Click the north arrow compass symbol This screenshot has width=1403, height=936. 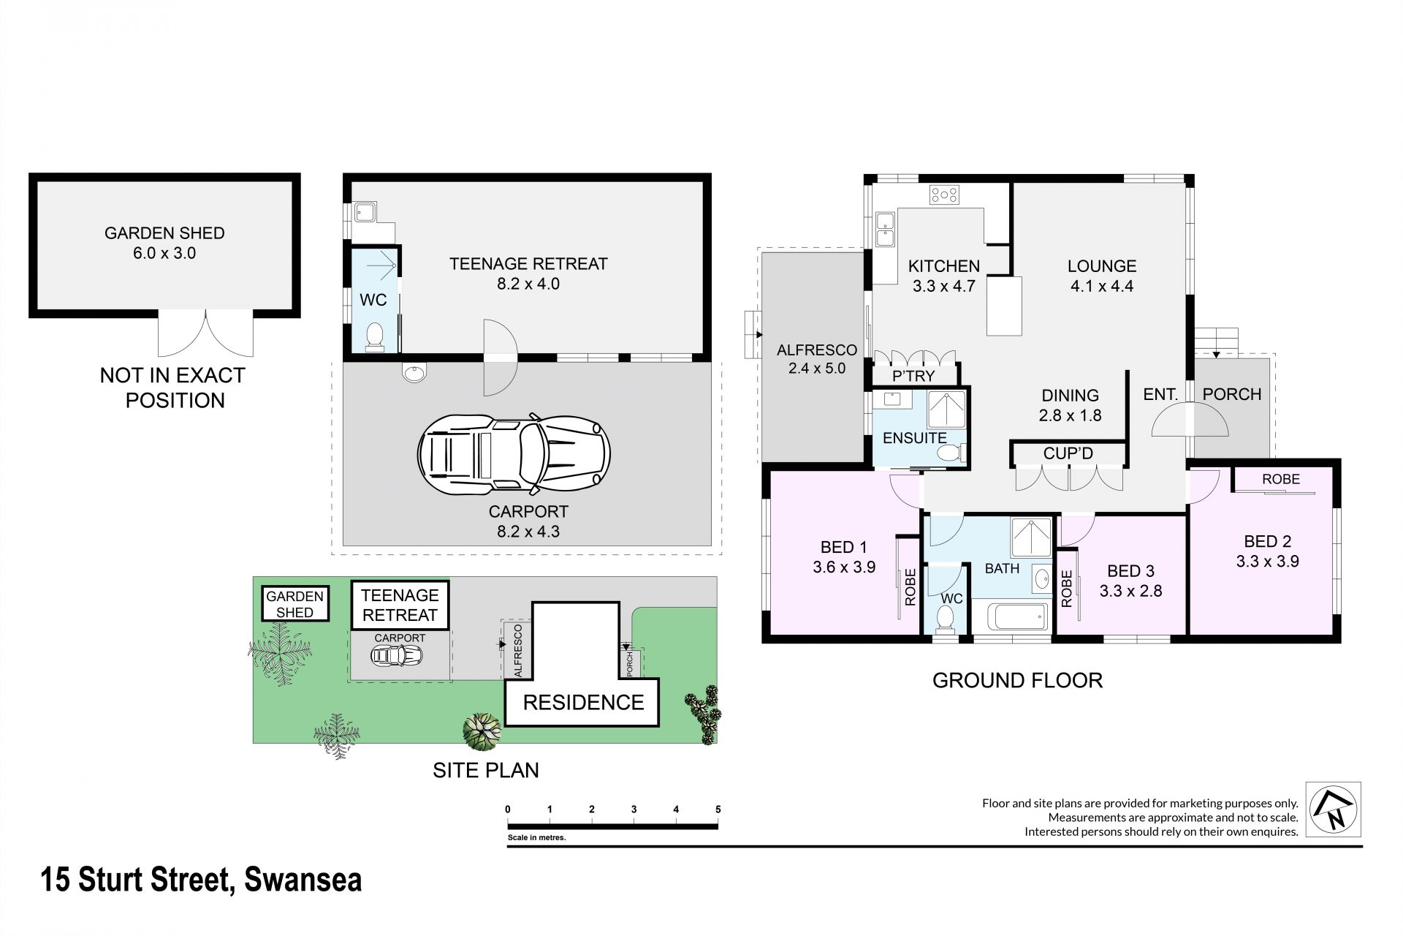(x=1334, y=809)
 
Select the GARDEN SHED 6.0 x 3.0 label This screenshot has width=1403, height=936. (x=164, y=243)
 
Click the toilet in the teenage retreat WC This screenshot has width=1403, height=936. (x=375, y=338)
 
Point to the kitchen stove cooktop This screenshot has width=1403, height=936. (x=944, y=195)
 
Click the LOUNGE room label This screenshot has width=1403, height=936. (x=1102, y=266)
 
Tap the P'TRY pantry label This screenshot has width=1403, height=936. (x=914, y=376)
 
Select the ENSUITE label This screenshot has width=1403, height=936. (x=914, y=438)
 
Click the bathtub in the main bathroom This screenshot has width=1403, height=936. (x=1012, y=616)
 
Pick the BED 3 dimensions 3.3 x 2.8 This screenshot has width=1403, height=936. (x=1130, y=591)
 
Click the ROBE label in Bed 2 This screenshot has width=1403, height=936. (x=1281, y=479)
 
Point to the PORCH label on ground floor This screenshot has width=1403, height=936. (x=1232, y=394)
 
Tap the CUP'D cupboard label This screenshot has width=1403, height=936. (x=1068, y=453)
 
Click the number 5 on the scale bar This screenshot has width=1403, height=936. (x=718, y=809)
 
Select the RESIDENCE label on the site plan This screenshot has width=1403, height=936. (x=583, y=703)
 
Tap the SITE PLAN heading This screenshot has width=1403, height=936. (x=486, y=770)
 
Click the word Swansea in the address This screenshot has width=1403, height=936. (x=303, y=880)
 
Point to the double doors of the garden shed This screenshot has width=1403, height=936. (x=205, y=332)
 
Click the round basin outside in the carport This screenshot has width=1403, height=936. (x=414, y=373)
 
